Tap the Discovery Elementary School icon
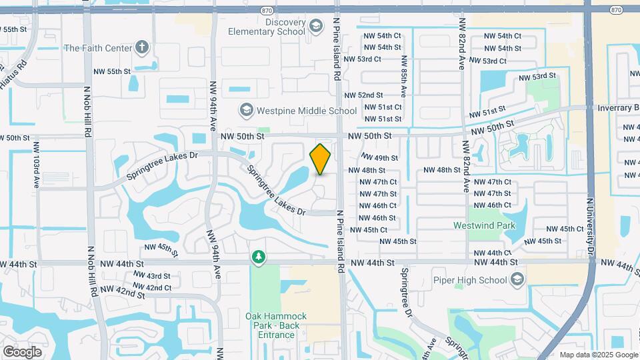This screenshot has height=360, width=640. tap(317, 27)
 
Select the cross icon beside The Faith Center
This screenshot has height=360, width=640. tap(141, 47)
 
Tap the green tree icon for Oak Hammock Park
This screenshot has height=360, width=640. tap(258, 257)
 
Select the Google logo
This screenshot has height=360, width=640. tap(23, 351)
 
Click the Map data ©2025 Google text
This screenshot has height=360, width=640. tap(598, 355)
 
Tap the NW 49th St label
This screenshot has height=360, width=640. tap(380, 158)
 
